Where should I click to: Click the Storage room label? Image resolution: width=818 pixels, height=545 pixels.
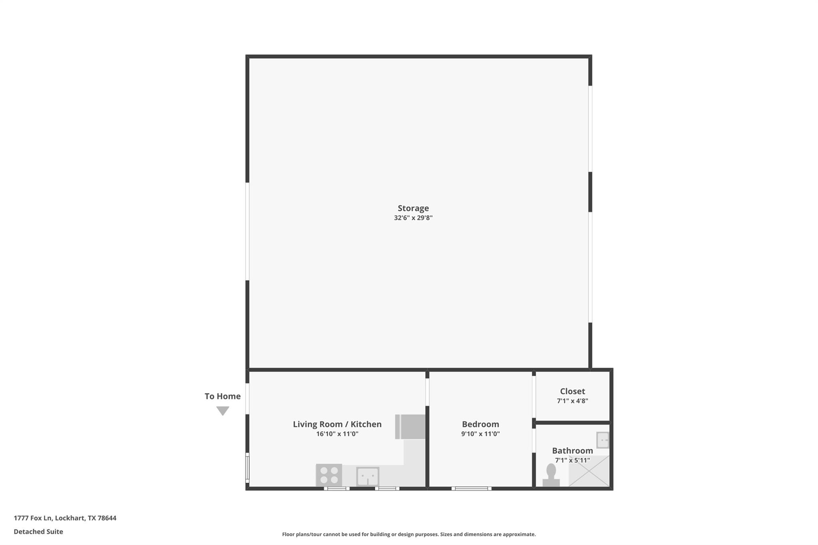click(413, 208)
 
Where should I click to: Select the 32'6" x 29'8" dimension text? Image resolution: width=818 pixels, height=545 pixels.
click(413, 218)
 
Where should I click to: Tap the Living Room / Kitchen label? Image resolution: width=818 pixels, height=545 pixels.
click(337, 424)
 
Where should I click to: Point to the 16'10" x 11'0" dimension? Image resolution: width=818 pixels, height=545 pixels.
click(337, 434)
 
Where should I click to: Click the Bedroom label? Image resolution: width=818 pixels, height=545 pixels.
click(480, 424)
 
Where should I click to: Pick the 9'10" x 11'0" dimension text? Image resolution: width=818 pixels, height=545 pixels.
click(480, 434)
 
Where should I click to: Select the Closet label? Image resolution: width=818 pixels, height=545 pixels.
click(572, 391)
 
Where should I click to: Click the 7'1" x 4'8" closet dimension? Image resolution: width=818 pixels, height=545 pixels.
click(572, 401)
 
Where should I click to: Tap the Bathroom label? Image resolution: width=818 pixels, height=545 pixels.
click(572, 450)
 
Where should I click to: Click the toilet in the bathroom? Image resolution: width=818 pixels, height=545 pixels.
click(551, 475)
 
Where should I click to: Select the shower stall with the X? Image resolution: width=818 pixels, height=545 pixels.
click(589, 472)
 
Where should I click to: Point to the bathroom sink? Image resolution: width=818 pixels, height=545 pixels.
click(602, 440)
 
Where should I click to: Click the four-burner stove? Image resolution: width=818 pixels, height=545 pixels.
click(329, 475)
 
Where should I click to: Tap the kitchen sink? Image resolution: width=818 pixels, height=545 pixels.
click(367, 476)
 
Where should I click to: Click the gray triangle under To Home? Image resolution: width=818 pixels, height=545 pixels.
click(222, 410)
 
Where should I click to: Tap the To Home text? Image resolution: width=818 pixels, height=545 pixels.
click(222, 396)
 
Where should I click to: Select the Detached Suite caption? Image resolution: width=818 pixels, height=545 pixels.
click(38, 532)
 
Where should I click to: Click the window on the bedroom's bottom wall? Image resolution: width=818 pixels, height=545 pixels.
click(471, 488)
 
